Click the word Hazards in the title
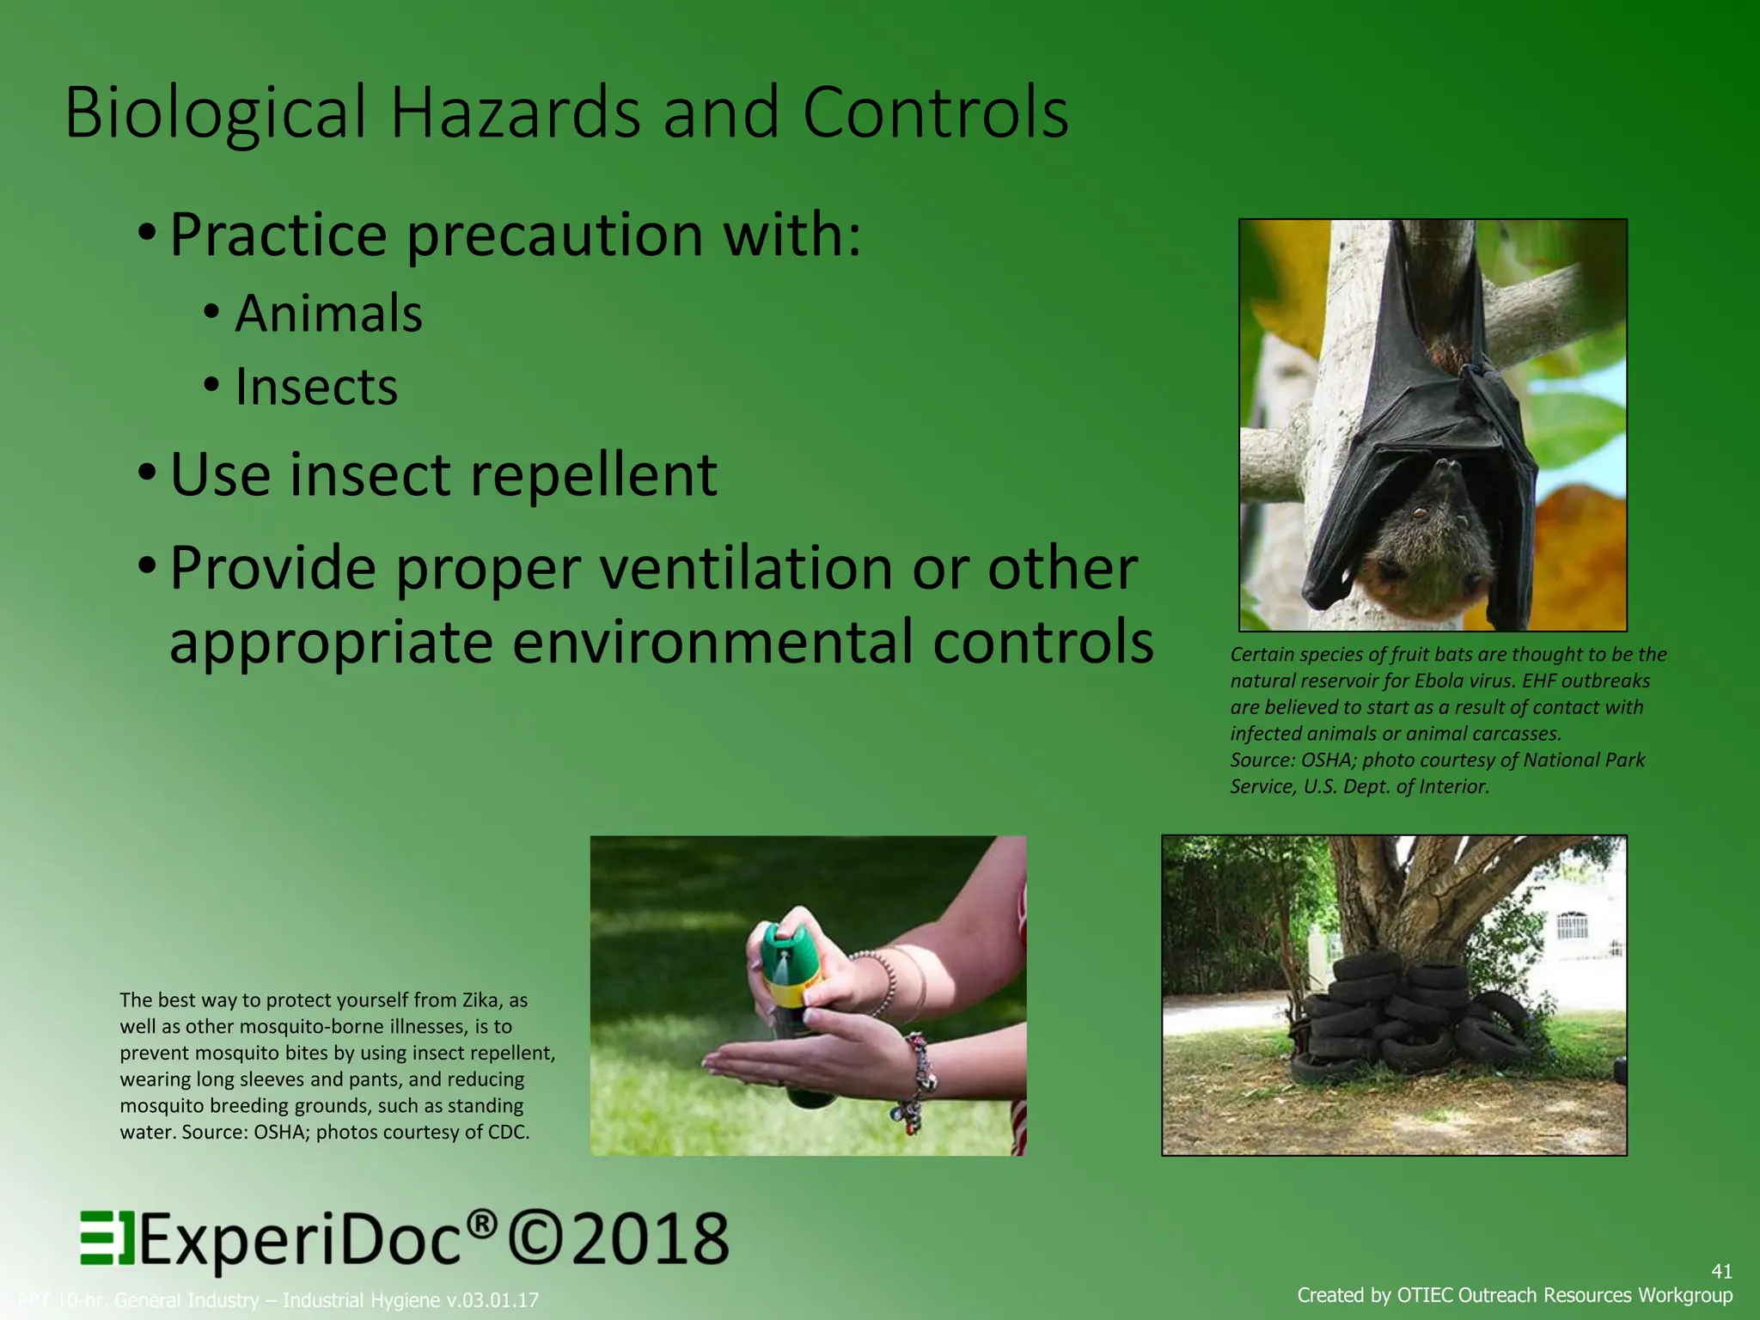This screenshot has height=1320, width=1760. [516, 113]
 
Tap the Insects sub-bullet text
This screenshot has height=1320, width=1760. [316, 387]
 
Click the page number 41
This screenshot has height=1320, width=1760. [1721, 1271]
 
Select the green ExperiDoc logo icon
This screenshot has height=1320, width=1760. [107, 1238]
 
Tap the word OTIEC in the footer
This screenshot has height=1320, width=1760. [1425, 1295]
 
